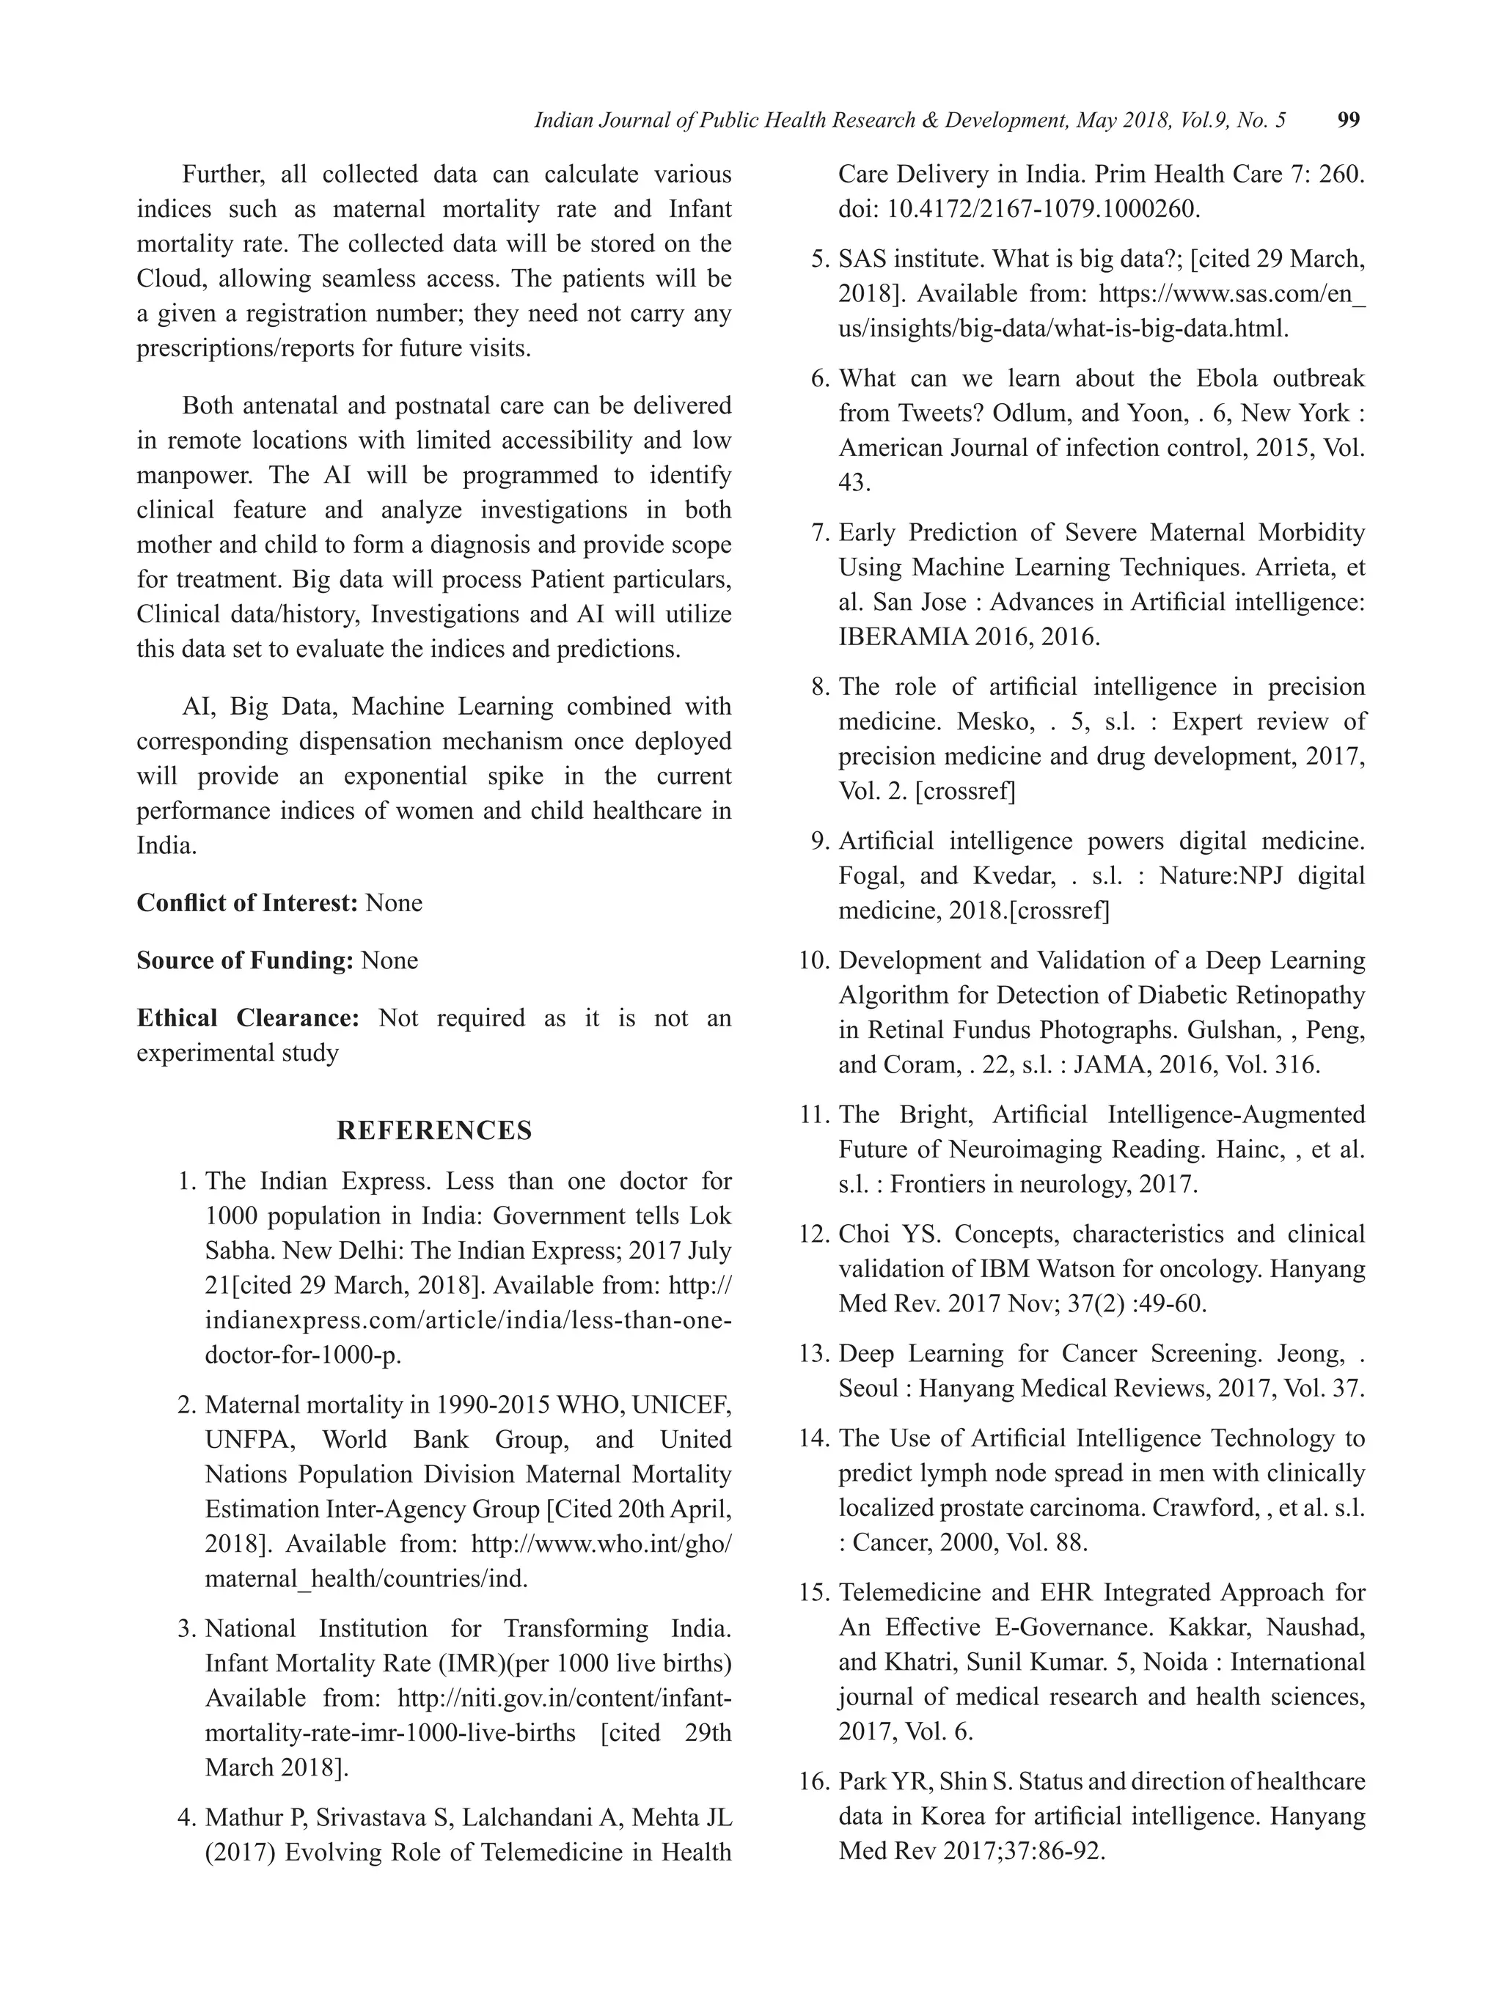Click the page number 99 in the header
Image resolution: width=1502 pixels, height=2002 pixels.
coord(1347,120)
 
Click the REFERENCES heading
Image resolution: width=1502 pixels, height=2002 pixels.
coord(435,1130)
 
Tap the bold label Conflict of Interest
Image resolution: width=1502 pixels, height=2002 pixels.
coord(247,902)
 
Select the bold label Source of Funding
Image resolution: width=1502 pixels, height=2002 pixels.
coord(244,960)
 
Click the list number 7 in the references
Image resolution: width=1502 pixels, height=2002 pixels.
coord(819,532)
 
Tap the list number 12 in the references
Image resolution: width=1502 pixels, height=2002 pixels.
coord(813,1234)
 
